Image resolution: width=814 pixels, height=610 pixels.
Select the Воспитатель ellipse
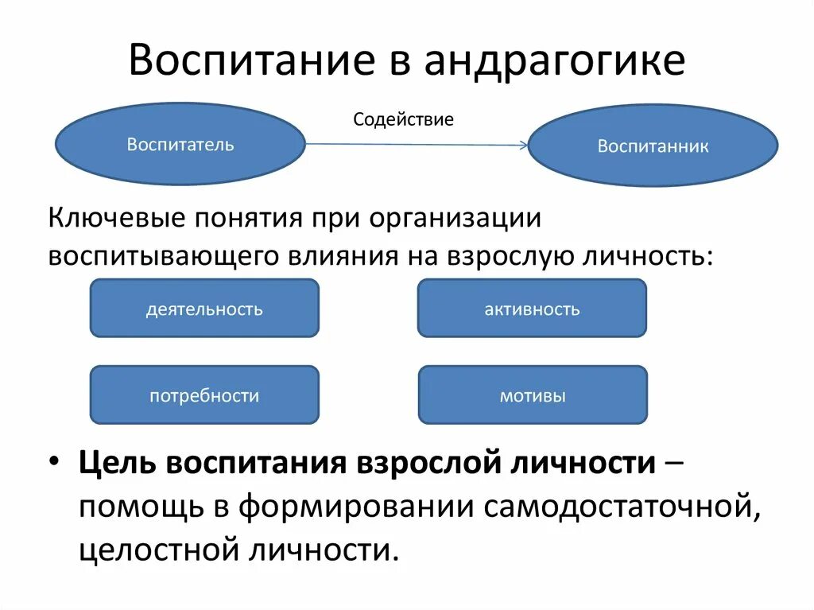(180, 144)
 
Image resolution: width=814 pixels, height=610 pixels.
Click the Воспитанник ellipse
(653, 146)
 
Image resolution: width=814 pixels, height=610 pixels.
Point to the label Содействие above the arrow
(403, 120)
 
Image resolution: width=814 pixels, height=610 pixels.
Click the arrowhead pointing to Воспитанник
(521, 146)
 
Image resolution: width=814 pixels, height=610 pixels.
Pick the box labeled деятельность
(204, 309)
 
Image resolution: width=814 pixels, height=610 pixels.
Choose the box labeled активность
(532, 309)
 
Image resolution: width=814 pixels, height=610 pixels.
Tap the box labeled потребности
(204, 395)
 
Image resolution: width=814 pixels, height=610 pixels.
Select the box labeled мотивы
(533, 395)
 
